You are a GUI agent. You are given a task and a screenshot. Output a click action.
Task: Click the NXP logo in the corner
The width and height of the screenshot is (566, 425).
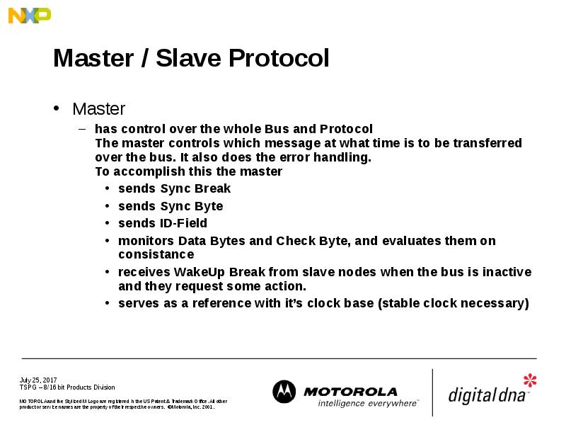tap(29, 15)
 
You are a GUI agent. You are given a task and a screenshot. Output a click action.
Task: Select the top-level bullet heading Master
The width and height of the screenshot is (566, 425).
tap(98, 109)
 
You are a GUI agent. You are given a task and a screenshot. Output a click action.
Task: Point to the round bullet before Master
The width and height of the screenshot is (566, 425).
tap(57, 109)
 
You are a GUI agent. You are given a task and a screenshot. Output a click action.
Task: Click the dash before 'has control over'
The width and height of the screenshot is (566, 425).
tap(81, 129)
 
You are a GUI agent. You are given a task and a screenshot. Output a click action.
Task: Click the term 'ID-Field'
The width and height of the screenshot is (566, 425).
tap(183, 223)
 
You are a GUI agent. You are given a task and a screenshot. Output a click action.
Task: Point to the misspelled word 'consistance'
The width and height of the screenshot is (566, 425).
tap(156, 254)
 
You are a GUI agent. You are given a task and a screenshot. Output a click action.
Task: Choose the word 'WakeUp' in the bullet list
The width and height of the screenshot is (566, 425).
tap(198, 272)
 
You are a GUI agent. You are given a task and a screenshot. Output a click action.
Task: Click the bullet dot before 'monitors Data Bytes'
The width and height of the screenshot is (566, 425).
tap(106, 241)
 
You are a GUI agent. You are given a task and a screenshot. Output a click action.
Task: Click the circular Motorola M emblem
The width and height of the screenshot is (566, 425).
tap(284, 392)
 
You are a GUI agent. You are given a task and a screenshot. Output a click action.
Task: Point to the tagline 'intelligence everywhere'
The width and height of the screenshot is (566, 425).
tap(367, 403)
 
